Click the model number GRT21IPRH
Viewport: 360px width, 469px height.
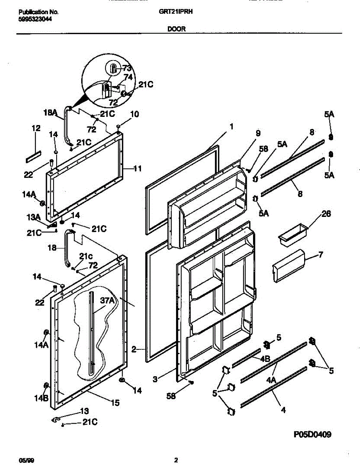[176, 12]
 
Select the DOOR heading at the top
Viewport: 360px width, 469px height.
[177, 29]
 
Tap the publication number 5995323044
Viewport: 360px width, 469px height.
[35, 18]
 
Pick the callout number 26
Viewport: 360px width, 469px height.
[326, 214]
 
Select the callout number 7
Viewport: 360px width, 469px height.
[321, 255]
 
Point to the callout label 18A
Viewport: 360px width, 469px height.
[50, 113]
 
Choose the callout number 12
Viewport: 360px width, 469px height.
[36, 128]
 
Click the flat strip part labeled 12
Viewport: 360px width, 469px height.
[34, 156]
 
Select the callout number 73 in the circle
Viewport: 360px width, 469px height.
[127, 68]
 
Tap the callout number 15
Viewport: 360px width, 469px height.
[115, 403]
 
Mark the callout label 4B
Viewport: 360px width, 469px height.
[265, 358]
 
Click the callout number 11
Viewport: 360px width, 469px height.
[137, 169]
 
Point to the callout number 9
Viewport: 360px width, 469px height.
[258, 133]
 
